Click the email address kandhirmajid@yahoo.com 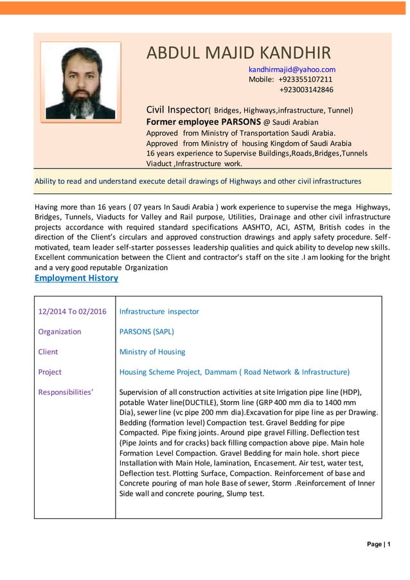coord(292,69)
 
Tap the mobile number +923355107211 coord(305,79)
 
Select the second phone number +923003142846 coord(306,89)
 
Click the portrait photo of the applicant coord(80,81)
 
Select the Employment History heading coord(76,278)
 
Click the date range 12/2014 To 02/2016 coord(72,311)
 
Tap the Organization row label coord(60,332)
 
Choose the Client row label coord(48,352)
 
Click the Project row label coord(50,372)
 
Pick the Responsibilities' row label coord(66,392)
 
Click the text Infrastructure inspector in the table coord(159,311)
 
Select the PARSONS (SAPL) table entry coord(147,332)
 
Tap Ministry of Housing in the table coord(152,352)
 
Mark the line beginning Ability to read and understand coord(197,181)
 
